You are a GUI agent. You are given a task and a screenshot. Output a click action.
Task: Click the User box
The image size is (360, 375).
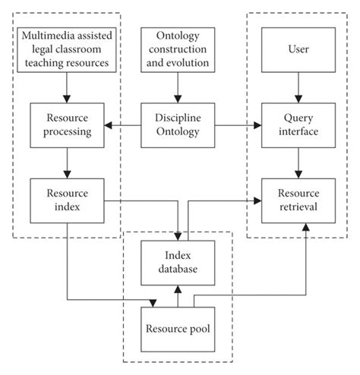(298, 49)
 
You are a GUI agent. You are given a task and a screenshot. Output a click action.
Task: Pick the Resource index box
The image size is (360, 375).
(68, 200)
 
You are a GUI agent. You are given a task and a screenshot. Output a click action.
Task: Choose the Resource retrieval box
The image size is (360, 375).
(298, 200)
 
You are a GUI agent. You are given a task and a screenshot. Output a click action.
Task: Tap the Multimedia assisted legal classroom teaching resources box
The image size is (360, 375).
(68, 49)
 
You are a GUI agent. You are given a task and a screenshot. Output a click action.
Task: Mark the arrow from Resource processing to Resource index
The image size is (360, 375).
(68, 162)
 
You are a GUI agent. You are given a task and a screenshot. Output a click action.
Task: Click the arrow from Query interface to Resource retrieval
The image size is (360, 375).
(298, 162)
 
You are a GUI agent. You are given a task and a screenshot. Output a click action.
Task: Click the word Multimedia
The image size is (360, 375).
(45, 36)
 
